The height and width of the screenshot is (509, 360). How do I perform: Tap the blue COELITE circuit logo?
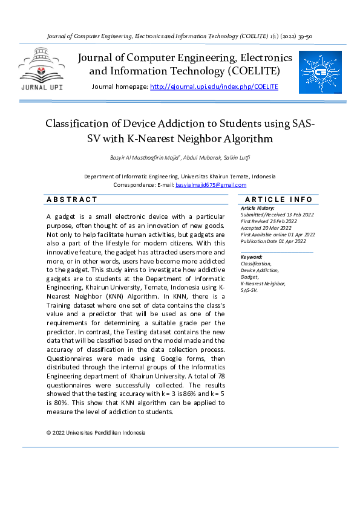[321, 71]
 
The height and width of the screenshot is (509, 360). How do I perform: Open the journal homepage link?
[214, 87]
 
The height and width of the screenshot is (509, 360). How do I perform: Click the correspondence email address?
[211, 185]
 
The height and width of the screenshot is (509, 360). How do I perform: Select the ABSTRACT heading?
[71, 199]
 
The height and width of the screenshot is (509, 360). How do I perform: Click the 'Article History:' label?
[257, 208]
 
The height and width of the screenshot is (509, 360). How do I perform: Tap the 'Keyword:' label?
[252, 257]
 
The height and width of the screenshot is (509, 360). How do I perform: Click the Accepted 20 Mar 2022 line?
[266, 228]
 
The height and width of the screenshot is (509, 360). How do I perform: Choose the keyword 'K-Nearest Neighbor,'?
[263, 284]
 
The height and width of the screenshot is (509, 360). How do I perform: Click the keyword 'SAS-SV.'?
[249, 290]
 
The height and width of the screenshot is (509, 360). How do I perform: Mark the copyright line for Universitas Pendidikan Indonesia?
[96, 433]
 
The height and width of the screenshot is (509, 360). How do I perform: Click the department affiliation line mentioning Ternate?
[180, 177]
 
